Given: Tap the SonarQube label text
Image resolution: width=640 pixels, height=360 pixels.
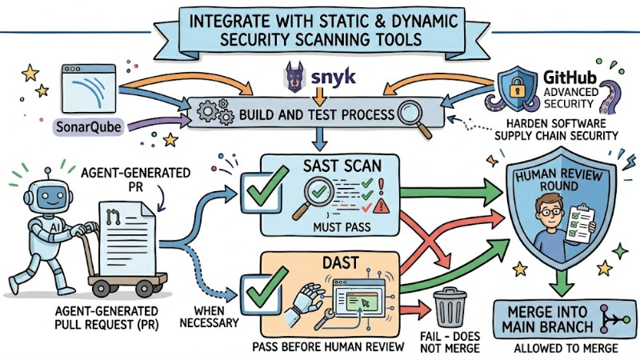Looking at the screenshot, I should [82, 126].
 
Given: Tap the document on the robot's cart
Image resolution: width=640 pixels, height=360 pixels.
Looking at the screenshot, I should [129, 233].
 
